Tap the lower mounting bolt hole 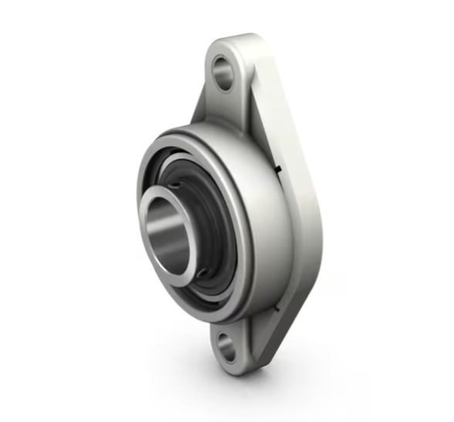pos(226,345)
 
